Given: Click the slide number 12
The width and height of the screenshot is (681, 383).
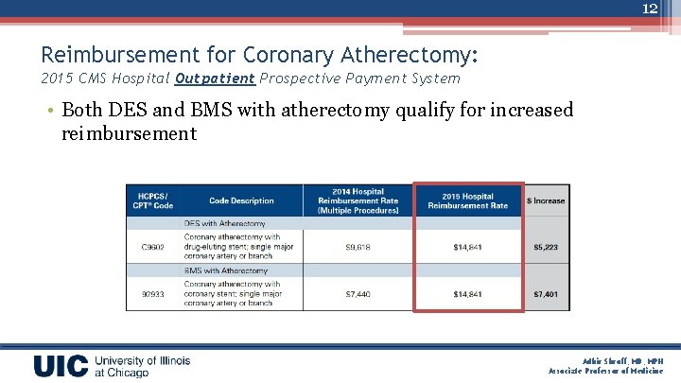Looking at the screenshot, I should (650, 9).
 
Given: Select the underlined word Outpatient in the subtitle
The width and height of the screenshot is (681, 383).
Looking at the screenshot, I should (215, 78).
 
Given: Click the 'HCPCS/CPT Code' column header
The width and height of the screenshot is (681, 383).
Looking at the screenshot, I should (152, 200).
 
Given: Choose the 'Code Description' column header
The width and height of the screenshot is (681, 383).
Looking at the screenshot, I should (241, 200).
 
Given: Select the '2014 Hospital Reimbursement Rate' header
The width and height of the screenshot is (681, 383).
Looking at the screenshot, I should (358, 200).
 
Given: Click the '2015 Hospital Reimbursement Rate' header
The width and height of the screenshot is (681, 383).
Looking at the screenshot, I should (467, 200).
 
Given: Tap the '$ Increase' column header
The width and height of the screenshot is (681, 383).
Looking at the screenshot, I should (547, 200).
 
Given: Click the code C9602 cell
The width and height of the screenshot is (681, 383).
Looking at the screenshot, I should (152, 248).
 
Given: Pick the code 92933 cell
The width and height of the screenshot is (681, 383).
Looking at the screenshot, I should (152, 294).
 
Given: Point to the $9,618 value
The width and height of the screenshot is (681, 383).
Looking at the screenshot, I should (358, 248).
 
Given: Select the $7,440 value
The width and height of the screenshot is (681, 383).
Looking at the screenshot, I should (358, 294).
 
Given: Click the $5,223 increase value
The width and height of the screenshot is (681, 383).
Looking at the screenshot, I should (547, 248).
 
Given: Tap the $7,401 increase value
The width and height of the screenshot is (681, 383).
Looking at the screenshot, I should (547, 294).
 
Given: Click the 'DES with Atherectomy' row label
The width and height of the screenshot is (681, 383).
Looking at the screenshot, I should (225, 224).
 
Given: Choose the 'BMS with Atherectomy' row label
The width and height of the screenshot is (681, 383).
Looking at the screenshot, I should (225, 270).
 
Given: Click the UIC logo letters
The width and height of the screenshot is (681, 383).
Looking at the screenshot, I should (61, 366).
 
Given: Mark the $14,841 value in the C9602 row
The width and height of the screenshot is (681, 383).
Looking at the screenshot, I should (467, 248).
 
